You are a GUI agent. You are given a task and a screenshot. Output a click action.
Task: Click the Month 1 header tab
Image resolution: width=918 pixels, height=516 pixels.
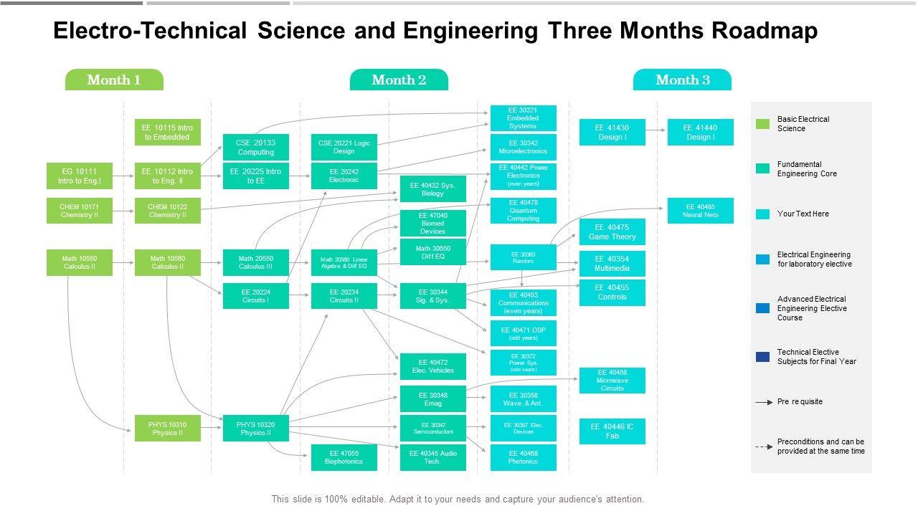click(114, 80)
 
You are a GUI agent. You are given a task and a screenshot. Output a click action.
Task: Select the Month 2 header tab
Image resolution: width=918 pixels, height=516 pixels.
click(399, 80)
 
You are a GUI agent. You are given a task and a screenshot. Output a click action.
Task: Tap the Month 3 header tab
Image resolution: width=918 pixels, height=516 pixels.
click(682, 80)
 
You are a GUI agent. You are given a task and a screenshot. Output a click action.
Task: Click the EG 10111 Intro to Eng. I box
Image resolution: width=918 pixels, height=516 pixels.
click(80, 176)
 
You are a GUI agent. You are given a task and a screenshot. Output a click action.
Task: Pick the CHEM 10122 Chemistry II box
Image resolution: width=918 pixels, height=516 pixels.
click(168, 211)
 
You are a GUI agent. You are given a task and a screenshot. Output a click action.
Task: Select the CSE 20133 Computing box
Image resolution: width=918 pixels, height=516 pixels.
click(256, 147)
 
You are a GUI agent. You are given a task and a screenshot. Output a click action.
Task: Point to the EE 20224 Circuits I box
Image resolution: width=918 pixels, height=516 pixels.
click(256, 296)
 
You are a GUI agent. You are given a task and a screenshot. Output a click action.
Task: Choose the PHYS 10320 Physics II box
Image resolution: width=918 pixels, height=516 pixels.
click(256, 429)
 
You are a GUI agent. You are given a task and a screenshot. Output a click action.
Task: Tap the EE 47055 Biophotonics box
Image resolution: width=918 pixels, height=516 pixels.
click(344, 457)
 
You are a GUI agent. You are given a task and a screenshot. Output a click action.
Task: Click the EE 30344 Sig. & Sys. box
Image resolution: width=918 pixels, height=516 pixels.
click(433, 296)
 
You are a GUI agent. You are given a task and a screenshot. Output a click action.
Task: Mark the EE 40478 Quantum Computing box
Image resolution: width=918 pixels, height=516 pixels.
click(523, 211)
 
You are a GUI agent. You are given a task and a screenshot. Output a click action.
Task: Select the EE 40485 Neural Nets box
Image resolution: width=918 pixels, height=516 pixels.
click(701, 211)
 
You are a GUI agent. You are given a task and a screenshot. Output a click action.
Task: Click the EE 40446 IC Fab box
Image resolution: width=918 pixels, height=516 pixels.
click(612, 431)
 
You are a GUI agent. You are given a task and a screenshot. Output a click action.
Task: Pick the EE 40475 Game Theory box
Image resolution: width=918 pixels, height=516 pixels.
click(612, 232)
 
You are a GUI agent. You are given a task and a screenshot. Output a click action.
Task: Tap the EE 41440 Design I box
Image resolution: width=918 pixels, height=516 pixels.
click(701, 133)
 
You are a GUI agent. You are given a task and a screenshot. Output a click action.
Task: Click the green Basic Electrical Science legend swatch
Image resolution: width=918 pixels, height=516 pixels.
click(762, 124)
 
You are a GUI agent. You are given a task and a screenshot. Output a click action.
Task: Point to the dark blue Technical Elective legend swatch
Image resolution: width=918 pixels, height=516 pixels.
click(762, 357)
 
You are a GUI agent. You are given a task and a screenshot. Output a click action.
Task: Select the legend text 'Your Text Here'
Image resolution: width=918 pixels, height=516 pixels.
click(803, 214)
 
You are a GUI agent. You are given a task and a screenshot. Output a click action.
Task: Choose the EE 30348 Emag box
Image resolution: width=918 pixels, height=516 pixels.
click(433, 399)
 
